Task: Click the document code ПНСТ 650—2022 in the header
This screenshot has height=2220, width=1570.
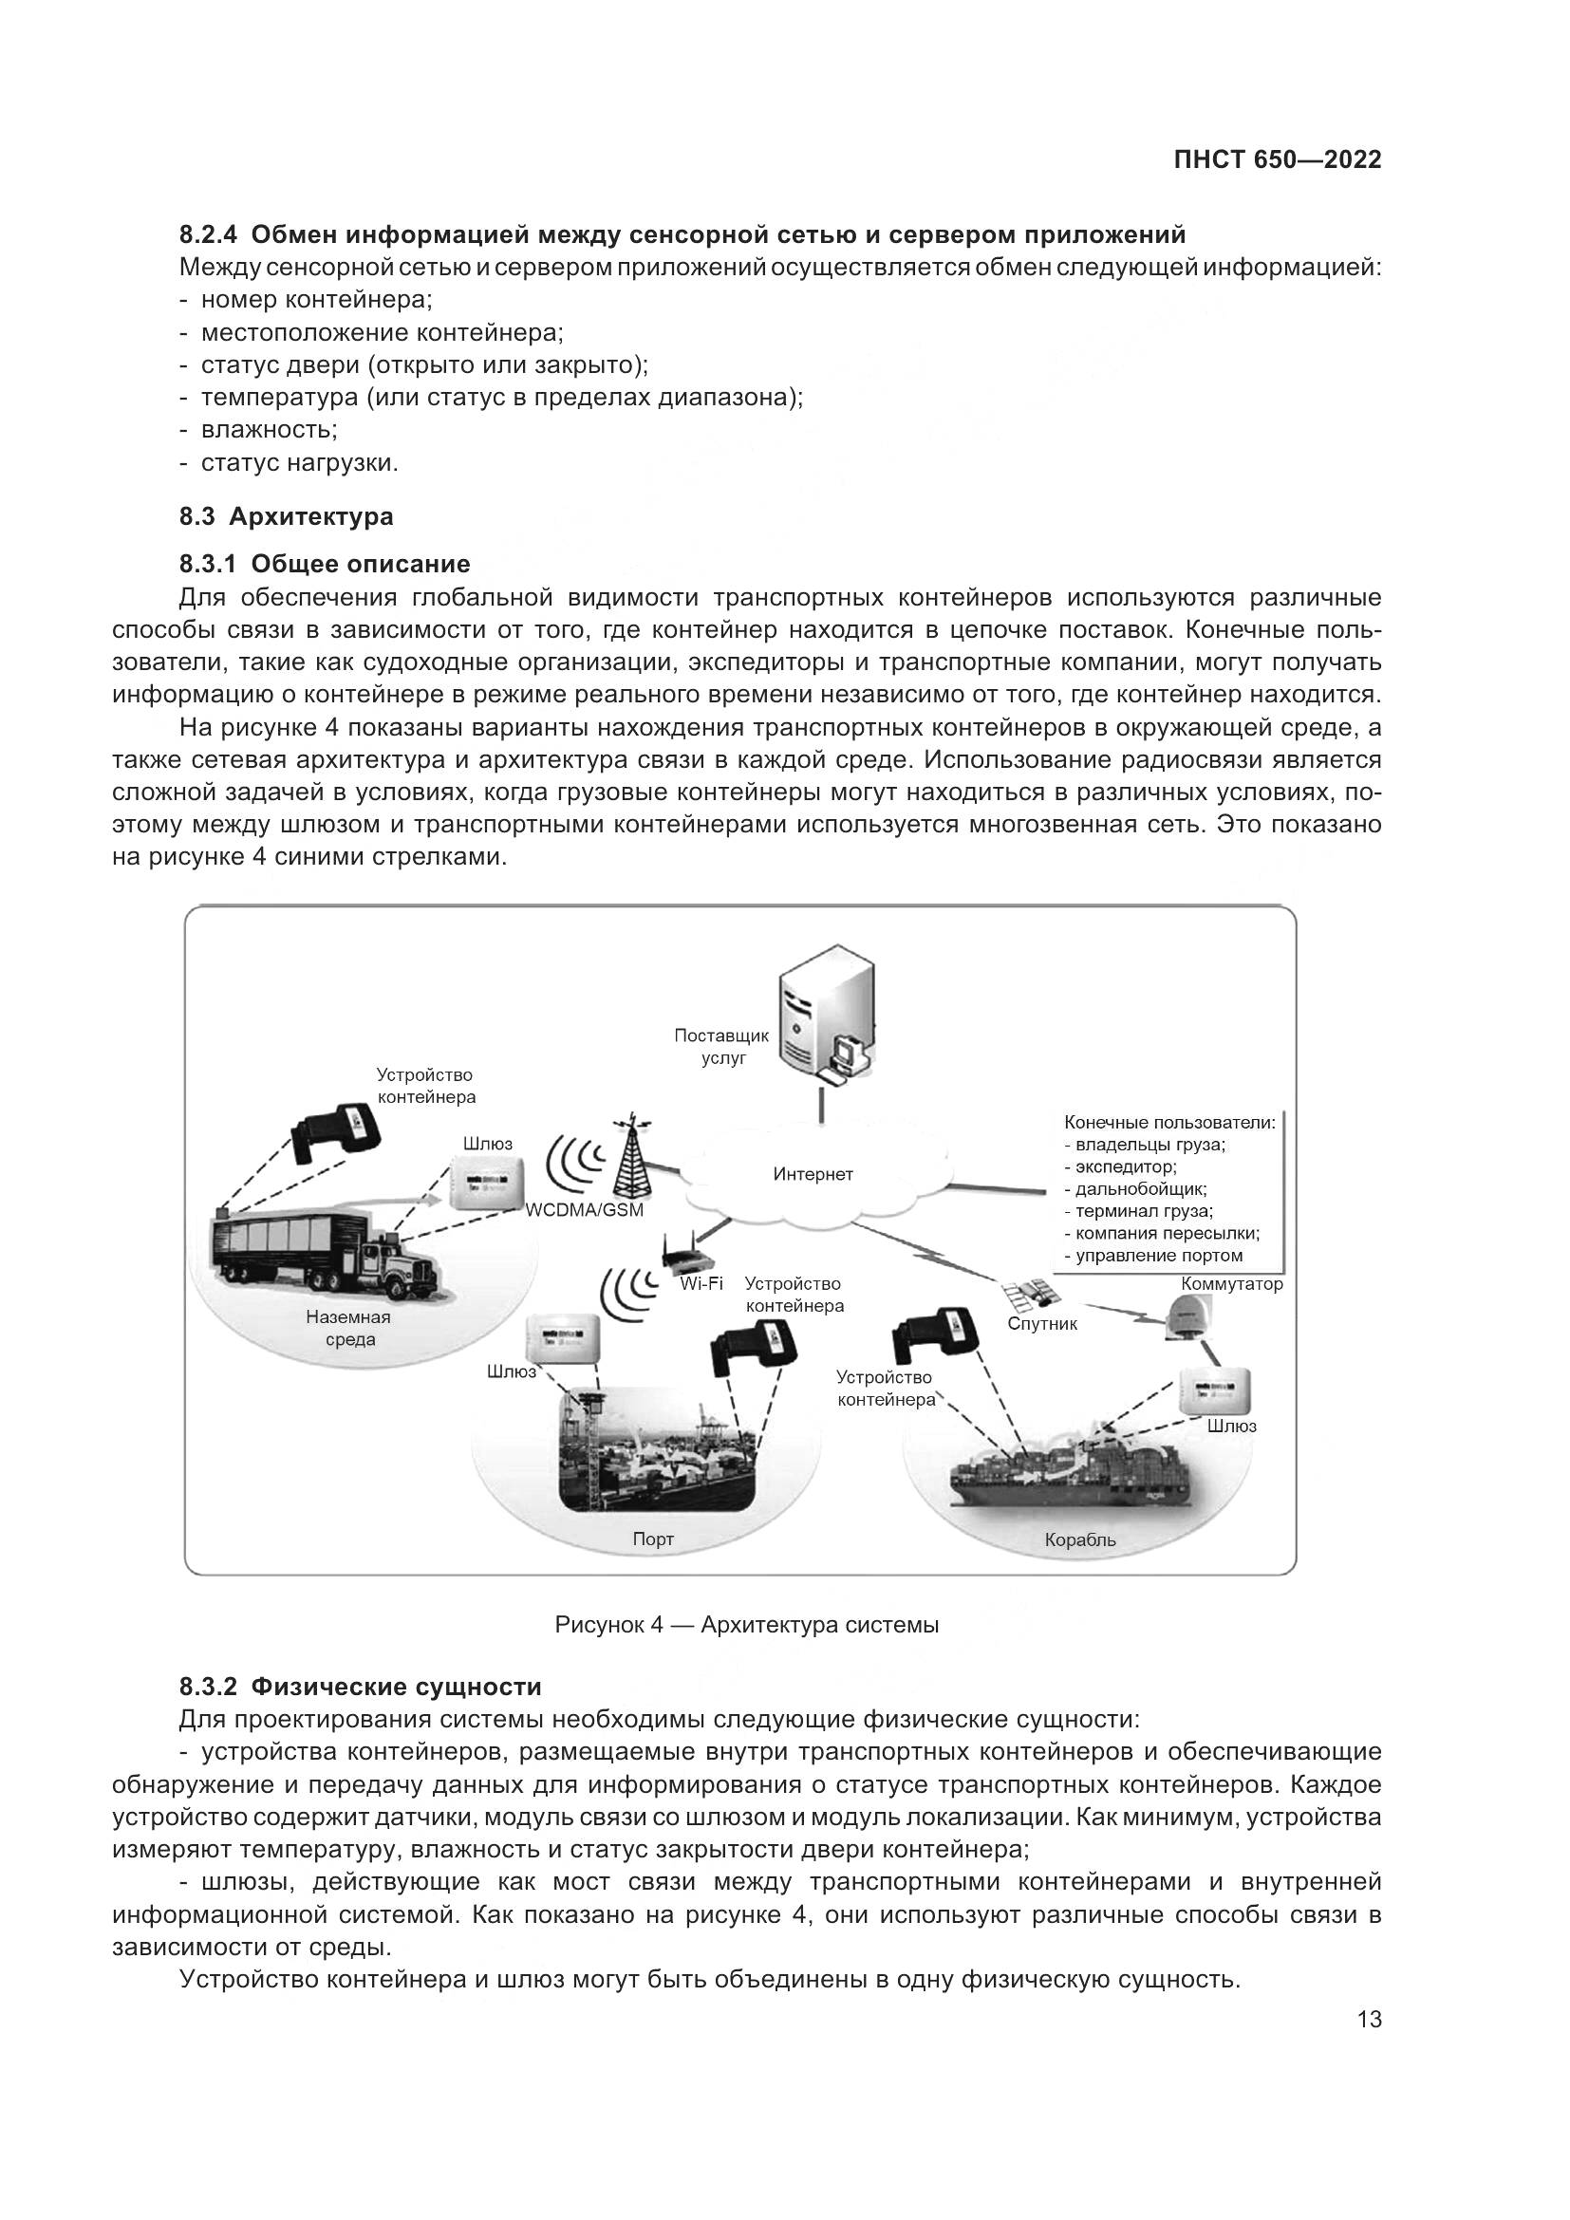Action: pos(1277,160)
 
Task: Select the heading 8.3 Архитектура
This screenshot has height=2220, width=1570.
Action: pos(286,516)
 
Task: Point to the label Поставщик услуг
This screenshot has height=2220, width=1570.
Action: pos(722,1046)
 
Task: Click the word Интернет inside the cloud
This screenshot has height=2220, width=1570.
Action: pos(813,1175)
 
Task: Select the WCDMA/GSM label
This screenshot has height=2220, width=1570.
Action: pos(585,1210)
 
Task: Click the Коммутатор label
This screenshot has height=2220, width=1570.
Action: pos(1231,1284)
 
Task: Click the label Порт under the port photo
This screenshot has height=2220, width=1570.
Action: pos(652,1539)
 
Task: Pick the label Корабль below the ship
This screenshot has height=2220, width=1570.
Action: pos(1080,1539)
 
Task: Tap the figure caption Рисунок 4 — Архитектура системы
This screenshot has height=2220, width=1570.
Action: pos(746,1624)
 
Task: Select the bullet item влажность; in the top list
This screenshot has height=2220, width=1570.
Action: pos(269,429)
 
